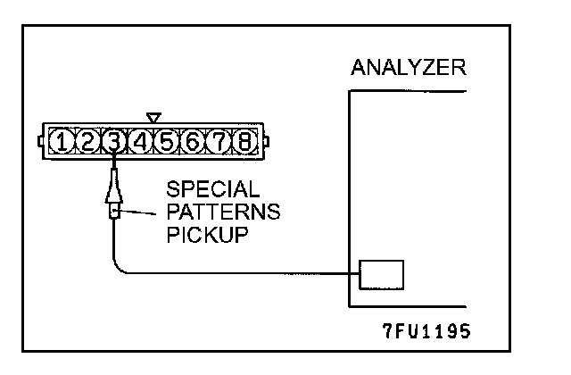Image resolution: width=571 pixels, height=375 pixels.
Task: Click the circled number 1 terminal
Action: click(62, 140)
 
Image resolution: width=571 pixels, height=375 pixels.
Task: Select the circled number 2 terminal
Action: click(87, 140)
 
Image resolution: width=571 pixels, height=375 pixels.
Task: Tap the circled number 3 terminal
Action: click(114, 140)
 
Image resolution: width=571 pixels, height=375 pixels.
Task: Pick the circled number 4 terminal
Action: click(140, 140)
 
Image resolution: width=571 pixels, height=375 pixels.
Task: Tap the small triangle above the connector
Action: click(153, 116)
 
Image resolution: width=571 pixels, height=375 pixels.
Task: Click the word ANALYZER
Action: click(409, 69)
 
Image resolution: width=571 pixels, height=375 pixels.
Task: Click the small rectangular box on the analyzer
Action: click(382, 274)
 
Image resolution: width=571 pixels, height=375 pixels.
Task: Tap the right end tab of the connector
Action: click(265, 140)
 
